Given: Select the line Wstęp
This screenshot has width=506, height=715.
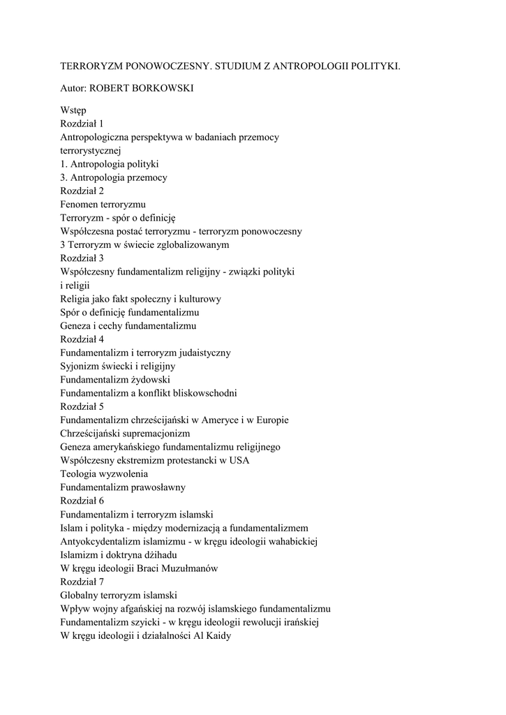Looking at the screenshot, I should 73,110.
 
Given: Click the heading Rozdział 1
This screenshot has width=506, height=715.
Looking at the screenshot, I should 82,124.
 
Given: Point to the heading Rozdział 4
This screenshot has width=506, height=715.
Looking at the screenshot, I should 82,339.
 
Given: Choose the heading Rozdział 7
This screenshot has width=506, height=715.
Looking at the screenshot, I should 82,582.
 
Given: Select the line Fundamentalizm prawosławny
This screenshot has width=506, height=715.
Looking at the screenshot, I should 122,487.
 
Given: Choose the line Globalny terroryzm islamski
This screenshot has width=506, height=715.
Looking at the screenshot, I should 118,595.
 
